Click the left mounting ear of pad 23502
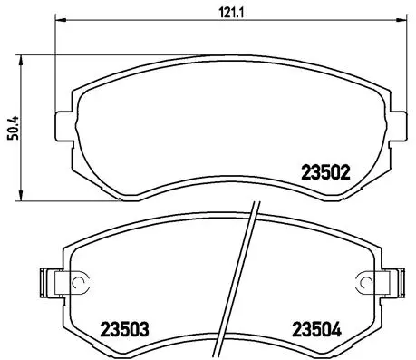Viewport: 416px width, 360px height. [x=63, y=124]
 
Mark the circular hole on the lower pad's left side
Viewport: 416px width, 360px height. [x=78, y=282]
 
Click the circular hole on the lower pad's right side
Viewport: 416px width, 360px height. [x=364, y=282]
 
